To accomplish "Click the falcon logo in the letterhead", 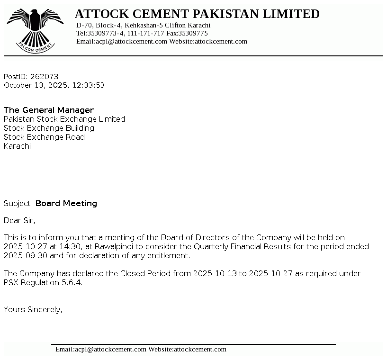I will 35,29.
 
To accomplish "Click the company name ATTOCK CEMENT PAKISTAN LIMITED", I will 197,14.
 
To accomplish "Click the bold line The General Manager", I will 49,110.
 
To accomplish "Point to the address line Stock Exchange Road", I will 44,137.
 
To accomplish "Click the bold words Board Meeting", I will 66,204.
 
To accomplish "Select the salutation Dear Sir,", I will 19,220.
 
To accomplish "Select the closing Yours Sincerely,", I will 33,310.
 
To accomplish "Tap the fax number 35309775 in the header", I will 193,34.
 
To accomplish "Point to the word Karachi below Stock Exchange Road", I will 17,146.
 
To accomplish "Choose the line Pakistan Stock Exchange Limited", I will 64,119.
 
